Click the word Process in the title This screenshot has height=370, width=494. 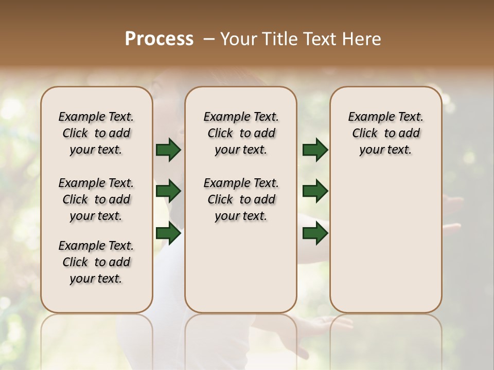[x=159, y=39]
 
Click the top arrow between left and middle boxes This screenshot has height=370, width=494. [x=168, y=150]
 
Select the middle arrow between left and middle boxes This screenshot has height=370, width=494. [x=168, y=192]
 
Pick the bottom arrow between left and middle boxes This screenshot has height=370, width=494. [x=168, y=233]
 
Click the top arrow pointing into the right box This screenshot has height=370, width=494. [x=315, y=150]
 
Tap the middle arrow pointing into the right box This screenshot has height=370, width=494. [x=315, y=192]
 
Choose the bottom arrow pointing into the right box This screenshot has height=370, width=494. [x=315, y=233]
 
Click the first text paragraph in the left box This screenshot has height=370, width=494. [x=96, y=133]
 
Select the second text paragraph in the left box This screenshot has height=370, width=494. [x=96, y=199]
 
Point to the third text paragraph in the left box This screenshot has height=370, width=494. [x=96, y=262]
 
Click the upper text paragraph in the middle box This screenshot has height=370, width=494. [x=241, y=133]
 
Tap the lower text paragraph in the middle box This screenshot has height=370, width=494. [x=241, y=199]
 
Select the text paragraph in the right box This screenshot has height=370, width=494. [x=385, y=133]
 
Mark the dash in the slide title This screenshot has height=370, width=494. [x=208, y=39]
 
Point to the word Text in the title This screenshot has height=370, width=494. [x=319, y=39]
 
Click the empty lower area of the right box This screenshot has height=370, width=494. [x=385, y=242]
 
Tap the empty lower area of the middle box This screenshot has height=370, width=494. [x=241, y=267]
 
